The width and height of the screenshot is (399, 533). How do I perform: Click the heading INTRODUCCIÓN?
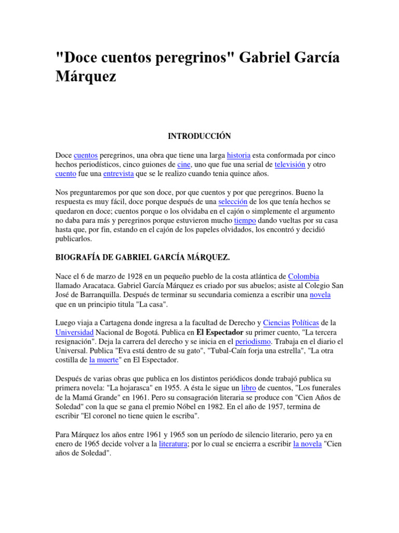point(199,136)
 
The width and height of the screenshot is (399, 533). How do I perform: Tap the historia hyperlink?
point(238,155)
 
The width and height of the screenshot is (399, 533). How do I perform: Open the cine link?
point(184,164)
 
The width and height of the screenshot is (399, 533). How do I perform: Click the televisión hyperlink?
point(289,164)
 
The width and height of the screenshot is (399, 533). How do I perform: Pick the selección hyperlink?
point(233,201)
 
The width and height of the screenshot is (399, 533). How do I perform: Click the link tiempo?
point(245,220)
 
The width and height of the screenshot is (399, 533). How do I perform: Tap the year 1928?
point(128,276)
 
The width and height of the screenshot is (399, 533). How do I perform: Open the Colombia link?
point(303,276)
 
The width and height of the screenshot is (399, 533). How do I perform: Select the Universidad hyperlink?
point(75,333)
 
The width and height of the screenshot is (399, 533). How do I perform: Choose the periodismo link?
point(253,342)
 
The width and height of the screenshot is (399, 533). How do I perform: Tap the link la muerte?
point(105,360)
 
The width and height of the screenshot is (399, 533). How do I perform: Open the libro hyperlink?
point(248,388)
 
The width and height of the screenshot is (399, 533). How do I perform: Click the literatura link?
point(173,445)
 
